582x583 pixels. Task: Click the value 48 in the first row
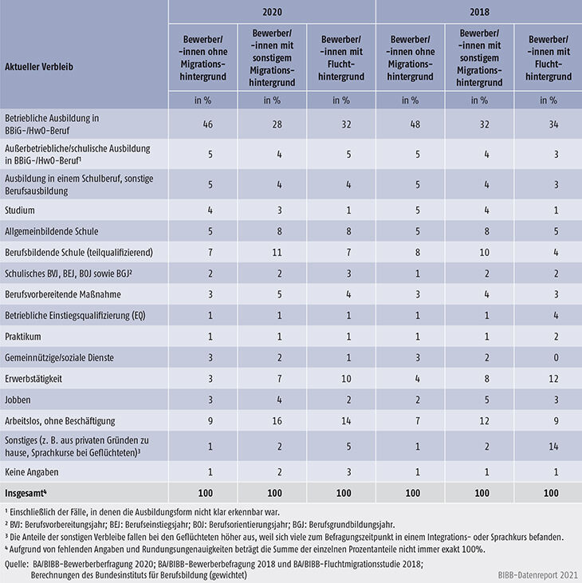click(410, 123)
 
